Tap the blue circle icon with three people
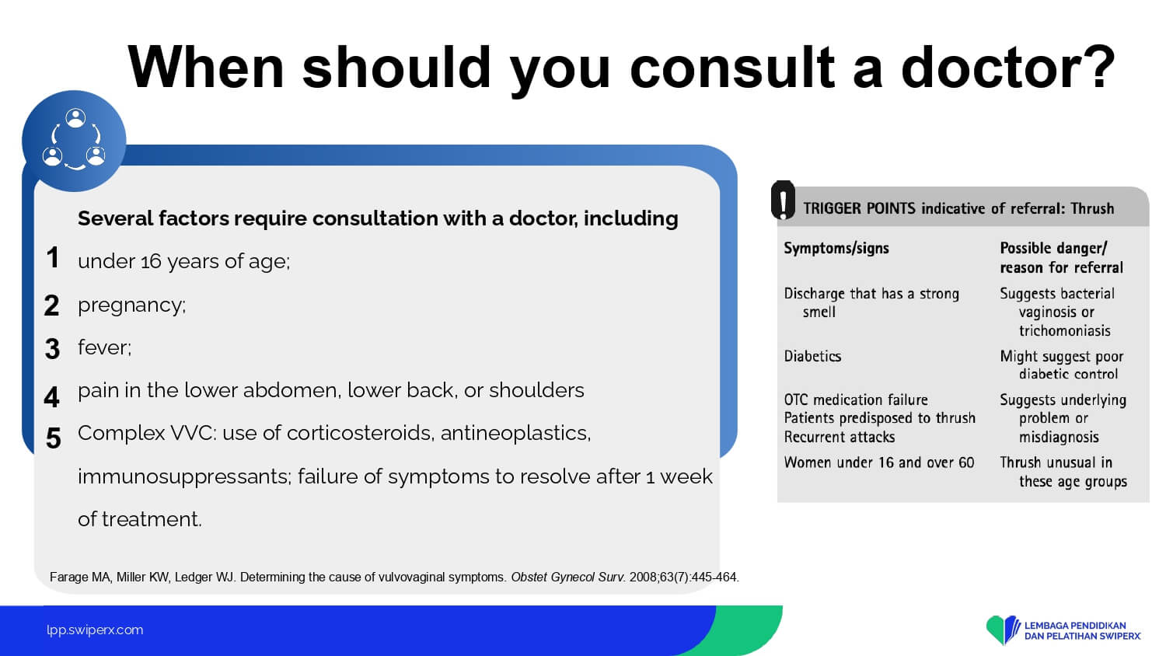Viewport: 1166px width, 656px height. [74, 141]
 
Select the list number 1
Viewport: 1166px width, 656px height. [53, 257]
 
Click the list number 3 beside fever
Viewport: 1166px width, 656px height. [52, 349]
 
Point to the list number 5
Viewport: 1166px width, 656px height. [53, 438]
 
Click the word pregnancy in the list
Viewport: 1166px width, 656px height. [131, 305]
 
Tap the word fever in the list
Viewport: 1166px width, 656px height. [103, 347]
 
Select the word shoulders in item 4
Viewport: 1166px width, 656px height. [536, 390]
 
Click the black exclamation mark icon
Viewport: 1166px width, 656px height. [783, 201]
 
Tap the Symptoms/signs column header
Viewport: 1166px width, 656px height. [836, 249]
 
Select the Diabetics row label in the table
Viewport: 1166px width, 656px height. [812, 356]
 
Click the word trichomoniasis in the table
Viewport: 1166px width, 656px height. [1064, 330]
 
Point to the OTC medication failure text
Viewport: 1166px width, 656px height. [856, 400]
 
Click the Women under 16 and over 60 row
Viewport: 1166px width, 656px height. [878, 462]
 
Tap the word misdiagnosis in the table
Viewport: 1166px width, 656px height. [1059, 437]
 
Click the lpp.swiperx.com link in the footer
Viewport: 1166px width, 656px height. [95, 630]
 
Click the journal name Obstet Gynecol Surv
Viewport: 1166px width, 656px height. [567, 577]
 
